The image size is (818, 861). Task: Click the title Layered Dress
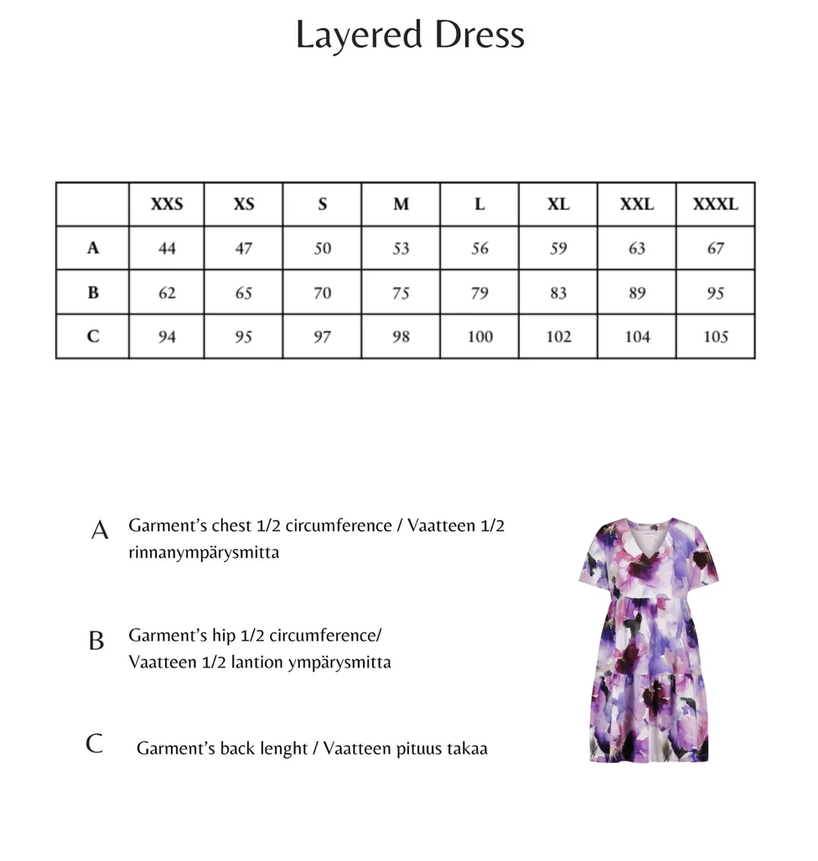(x=410, y=35)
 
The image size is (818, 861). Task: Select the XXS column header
(x=166, y=204)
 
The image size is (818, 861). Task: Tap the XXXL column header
(x=715, y=204)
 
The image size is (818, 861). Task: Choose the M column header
(x=401, y=204)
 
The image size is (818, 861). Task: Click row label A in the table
(x=93, y=248)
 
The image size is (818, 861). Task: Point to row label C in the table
(x=93, y=337)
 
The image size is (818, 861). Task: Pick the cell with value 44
(x=166, y=249)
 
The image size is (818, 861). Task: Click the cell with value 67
(x=715, y=249)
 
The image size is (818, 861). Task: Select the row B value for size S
(x=322, y=293)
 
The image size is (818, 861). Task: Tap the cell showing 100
(x=479, y=337)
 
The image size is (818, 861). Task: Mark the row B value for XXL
(x=636, y=293)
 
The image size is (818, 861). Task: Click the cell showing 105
(x=715, y=337)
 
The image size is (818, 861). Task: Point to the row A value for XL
(x=558, y=249)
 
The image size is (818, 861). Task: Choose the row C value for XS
(x=243, y=337)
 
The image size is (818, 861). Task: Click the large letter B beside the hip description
(x=96, y=642)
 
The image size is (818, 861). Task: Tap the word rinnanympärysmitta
(x=204, y=553)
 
